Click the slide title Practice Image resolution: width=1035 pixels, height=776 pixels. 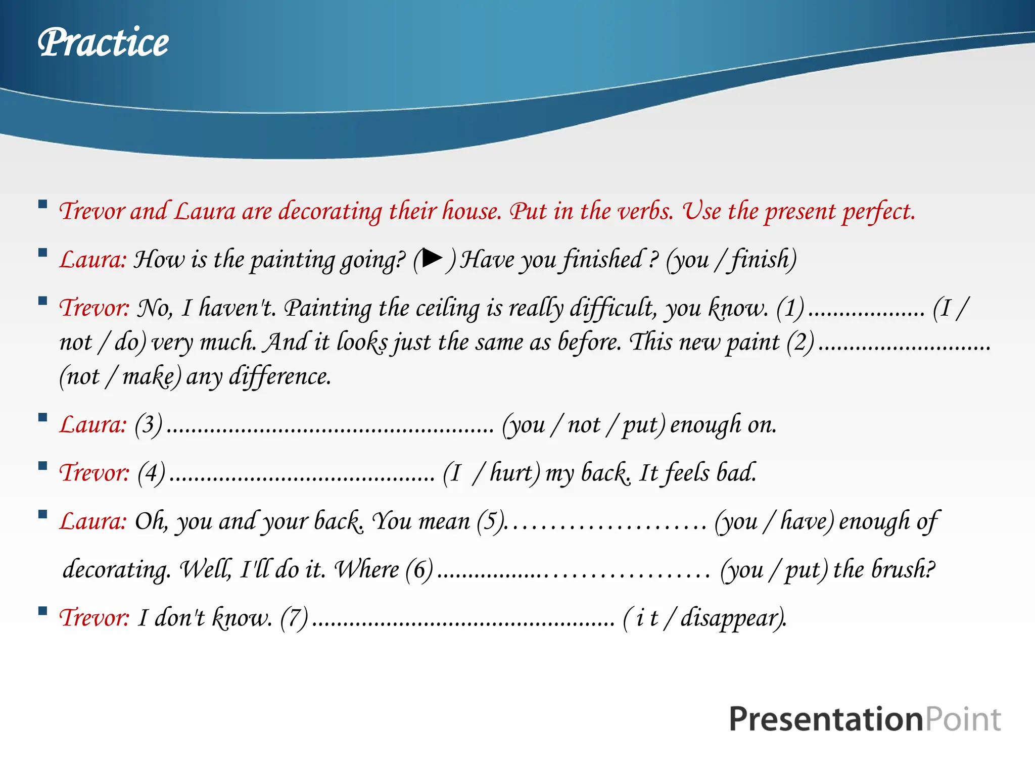(103, 42)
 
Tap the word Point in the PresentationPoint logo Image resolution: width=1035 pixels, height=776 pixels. (963, 719)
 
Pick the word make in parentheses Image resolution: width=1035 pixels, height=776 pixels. (149, 377)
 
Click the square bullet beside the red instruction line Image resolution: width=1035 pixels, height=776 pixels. (43, 205)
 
